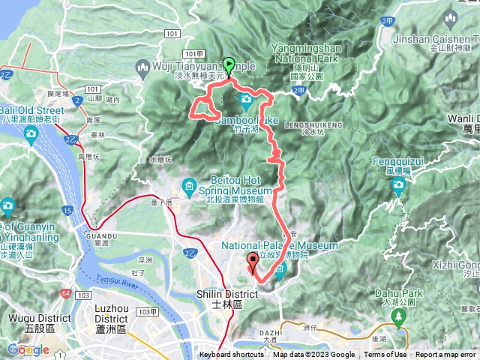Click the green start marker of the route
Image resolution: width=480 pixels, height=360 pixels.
tap(228, 65)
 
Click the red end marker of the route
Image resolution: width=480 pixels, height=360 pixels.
tap(252, 262)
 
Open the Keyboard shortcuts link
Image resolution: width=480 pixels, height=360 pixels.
tap(231, 355)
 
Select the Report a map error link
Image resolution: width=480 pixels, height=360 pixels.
tap(447, 355)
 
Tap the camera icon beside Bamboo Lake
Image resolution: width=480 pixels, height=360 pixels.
tap(246, 100)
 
